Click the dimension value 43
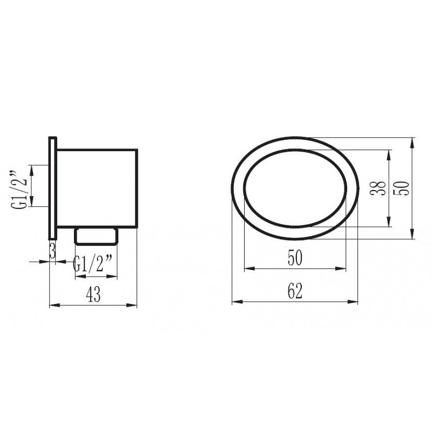click(x=93, y=294)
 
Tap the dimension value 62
click(x=295, y=291)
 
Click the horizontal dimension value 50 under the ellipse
click(x=295, y=258)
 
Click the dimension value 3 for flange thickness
click(x=52, y=251)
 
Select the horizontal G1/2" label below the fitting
click(x=92, y=263)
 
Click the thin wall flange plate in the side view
click(x=52, y=188)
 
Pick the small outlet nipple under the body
click(x=96, y=237)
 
